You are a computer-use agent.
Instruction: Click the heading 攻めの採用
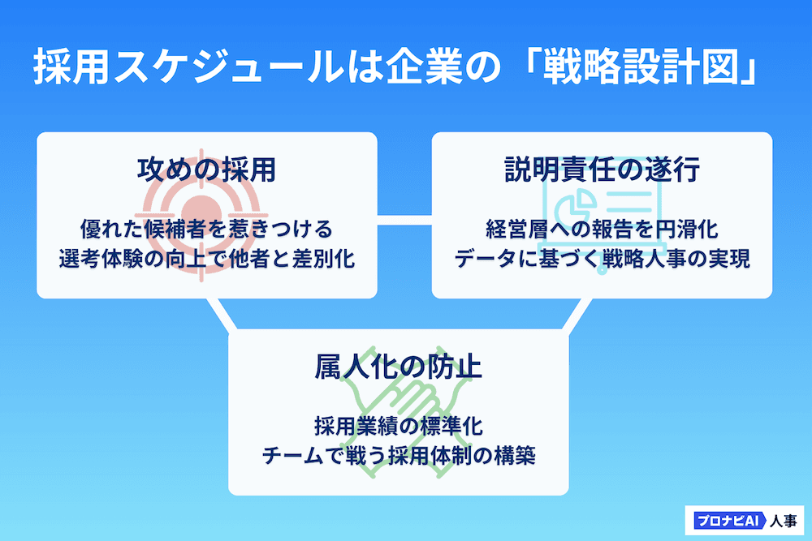point(206,170)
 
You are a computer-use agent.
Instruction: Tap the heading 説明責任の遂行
point(602,170)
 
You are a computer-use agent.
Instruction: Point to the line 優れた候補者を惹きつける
point(206,226)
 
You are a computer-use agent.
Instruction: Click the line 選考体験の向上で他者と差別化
point(206,259)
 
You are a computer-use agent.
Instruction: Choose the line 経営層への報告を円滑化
point(602,226)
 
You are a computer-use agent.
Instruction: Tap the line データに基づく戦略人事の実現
point(602,259)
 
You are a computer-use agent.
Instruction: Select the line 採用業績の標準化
point(398,425)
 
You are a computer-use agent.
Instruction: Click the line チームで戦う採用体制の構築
point(398,456)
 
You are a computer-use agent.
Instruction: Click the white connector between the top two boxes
point(404,218)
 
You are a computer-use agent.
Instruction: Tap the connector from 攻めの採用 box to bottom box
point(221,312)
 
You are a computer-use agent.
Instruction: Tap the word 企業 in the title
point(431,68)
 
